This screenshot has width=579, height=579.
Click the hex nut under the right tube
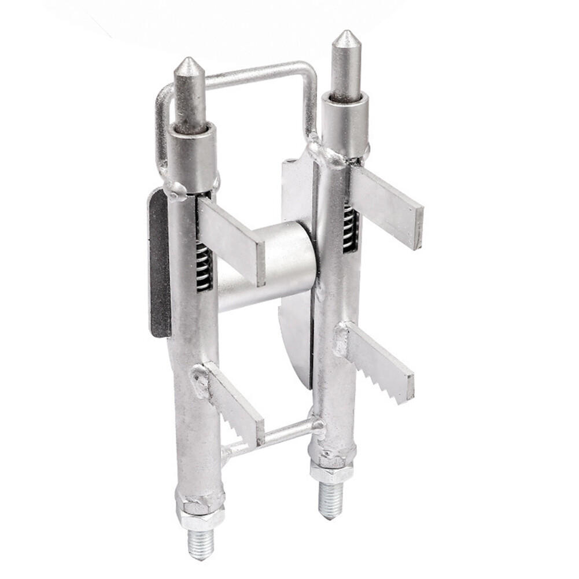coord(331,471)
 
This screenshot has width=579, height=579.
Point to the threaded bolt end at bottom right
coord(331,500)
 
